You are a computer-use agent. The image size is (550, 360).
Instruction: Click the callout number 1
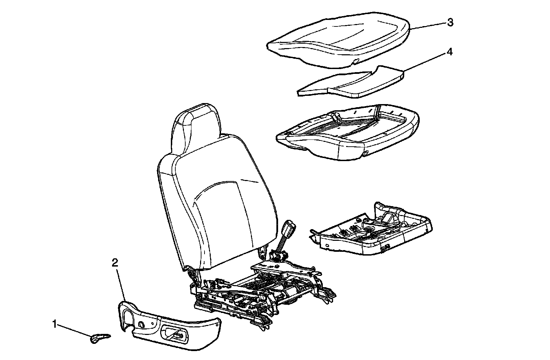54,324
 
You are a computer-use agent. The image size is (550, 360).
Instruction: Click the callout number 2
115,263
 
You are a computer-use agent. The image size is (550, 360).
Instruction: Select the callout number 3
450,23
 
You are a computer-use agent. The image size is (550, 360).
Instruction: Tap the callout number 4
449,52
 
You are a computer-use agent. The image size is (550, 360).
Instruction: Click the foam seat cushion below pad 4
347,134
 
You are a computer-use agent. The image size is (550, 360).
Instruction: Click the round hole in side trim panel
141,324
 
